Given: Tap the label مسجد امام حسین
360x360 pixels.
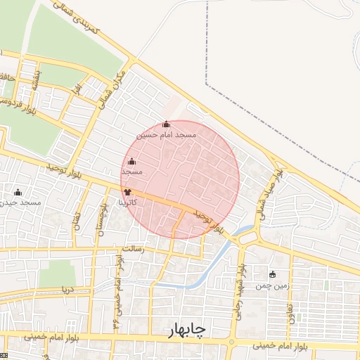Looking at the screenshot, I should coord(167,134).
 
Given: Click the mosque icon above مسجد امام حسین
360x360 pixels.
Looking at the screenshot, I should coord(167,124).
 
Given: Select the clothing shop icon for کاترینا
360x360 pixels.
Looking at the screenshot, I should coord(127,191).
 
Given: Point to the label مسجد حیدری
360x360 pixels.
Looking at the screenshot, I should coord(18,202).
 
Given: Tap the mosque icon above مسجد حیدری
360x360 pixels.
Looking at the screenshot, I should coord(18,192).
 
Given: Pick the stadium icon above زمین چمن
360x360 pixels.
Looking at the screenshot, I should coord(273,274).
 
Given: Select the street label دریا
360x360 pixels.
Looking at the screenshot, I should coord(67,289).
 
